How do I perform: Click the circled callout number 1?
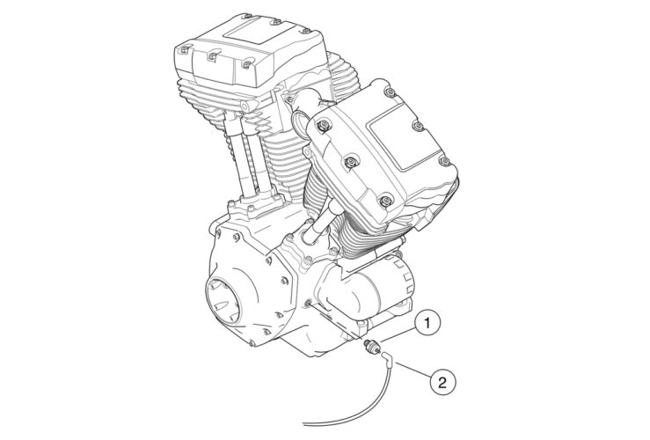[427, 324]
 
